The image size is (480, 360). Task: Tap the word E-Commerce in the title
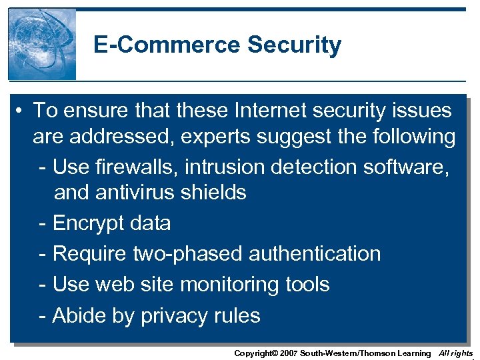tap(167, 45)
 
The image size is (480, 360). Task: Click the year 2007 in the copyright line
tap(288, 353)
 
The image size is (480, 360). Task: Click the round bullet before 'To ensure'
tap(22, 111)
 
